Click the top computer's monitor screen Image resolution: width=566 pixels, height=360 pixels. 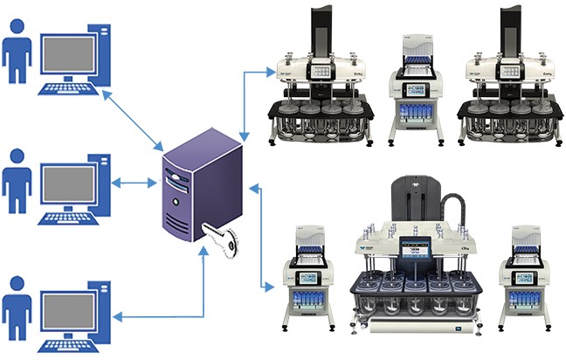pyautogui.click(x=69, y=47)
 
